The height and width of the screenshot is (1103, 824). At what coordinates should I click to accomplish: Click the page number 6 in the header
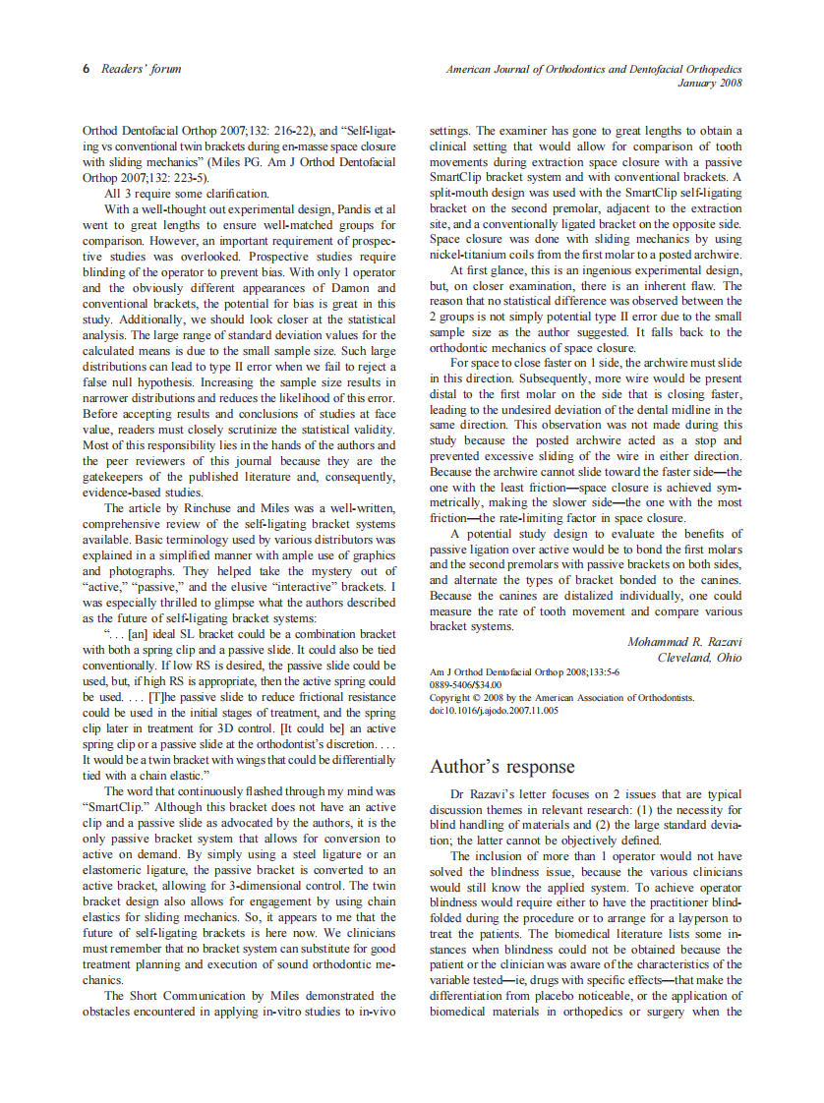click(87, 69)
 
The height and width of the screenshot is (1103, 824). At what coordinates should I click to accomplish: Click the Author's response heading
click(502, 767)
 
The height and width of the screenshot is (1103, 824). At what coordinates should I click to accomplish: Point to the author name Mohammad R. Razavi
click(684, 642)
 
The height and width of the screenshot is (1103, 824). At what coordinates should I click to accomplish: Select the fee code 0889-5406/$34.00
click(466, 684)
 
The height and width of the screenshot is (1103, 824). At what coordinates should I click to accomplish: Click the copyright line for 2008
click(562, 697)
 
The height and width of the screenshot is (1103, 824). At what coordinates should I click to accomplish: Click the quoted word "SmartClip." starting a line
click(117, 806)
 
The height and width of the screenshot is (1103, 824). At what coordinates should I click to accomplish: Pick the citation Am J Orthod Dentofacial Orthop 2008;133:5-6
click(525, 671)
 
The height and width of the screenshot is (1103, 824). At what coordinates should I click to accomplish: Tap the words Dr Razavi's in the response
click(482, 792)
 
